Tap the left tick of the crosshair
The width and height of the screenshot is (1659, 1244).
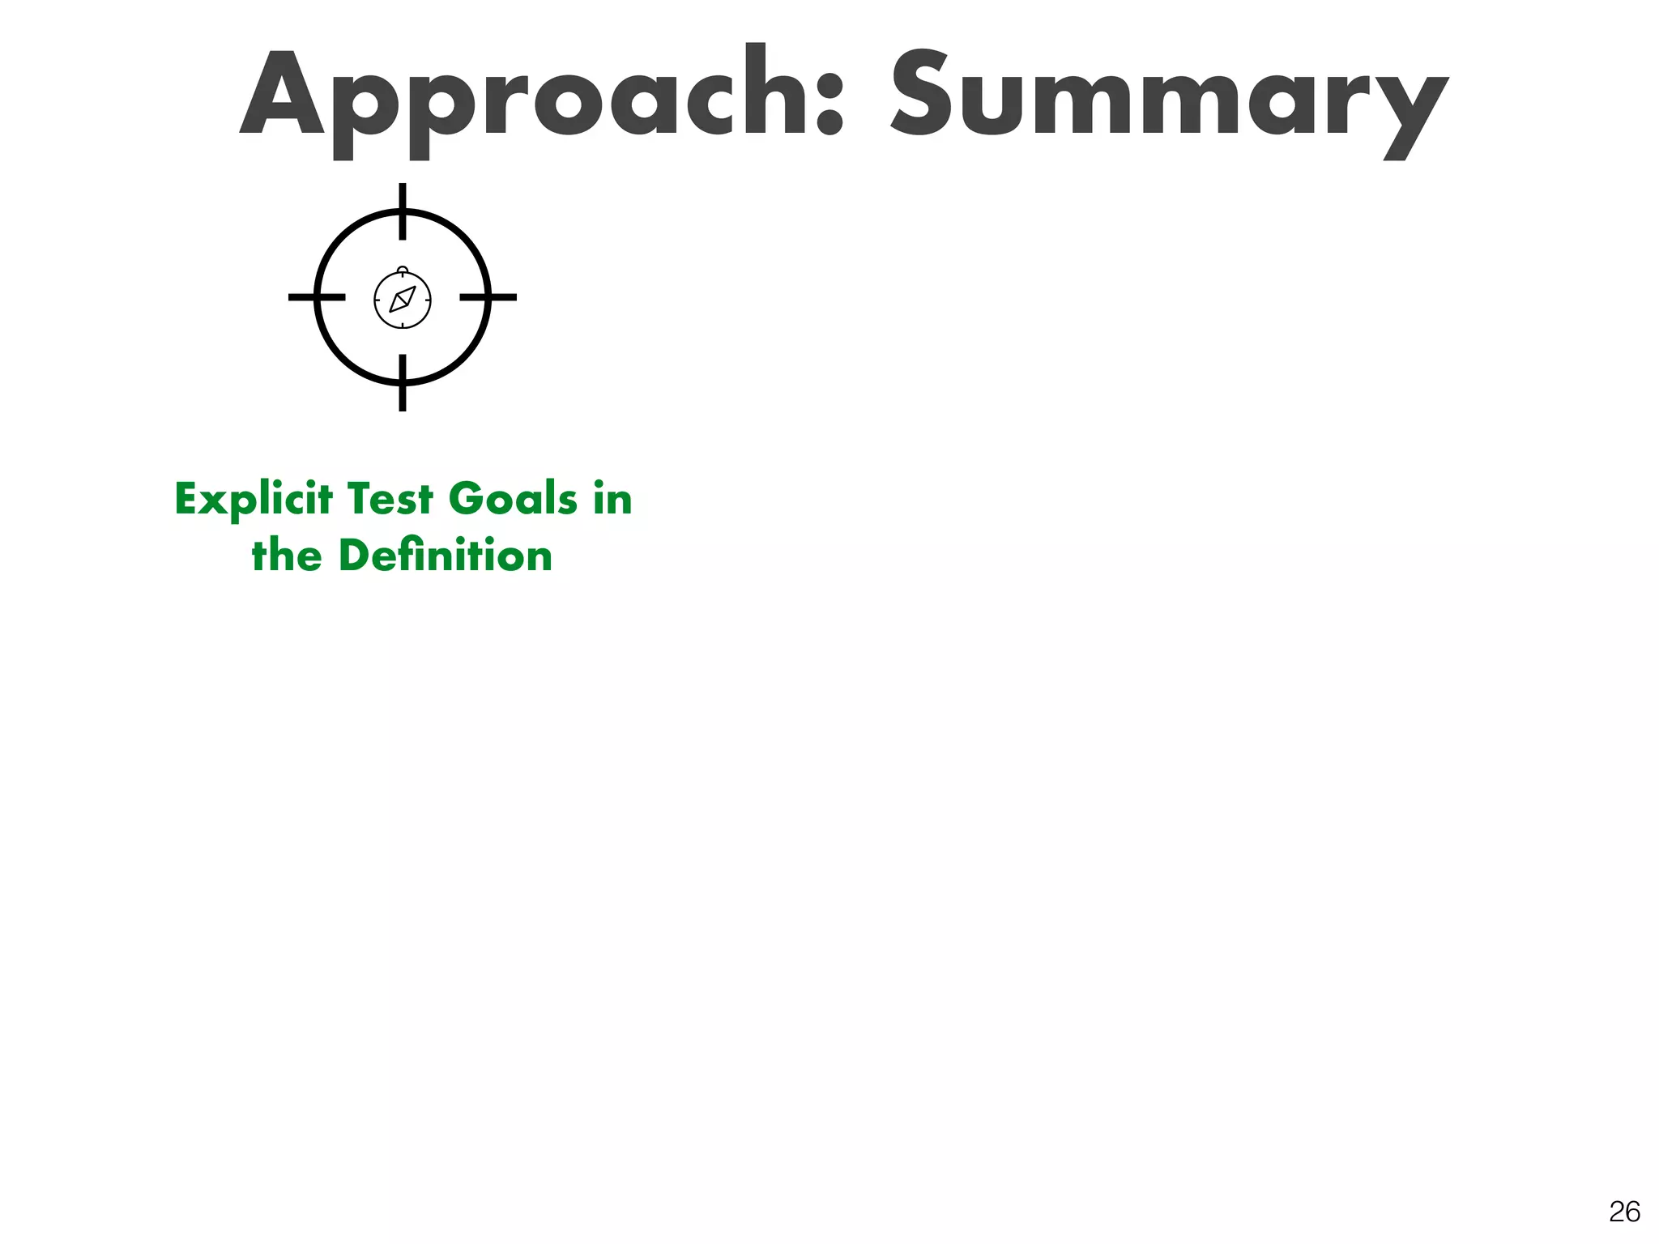[x=317, y=297]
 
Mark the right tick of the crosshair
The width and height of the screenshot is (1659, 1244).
[x=488, y=297]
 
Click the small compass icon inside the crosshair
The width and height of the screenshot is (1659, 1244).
[x=403, y=300]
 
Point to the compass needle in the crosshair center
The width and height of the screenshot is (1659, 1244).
[x=403, y=299]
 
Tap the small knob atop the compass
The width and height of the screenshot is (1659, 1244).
[x=403, y=269]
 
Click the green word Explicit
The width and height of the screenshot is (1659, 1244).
[x=254, y=500]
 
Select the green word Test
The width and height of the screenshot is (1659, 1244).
[x=390, y=499]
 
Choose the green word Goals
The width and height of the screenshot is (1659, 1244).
[x=513, y=499]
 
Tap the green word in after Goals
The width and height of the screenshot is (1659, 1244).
[x=612, y=499]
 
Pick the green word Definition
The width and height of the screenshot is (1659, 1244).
[x=445, y=556]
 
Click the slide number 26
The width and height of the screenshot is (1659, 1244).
[x=1624, y=1212]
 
